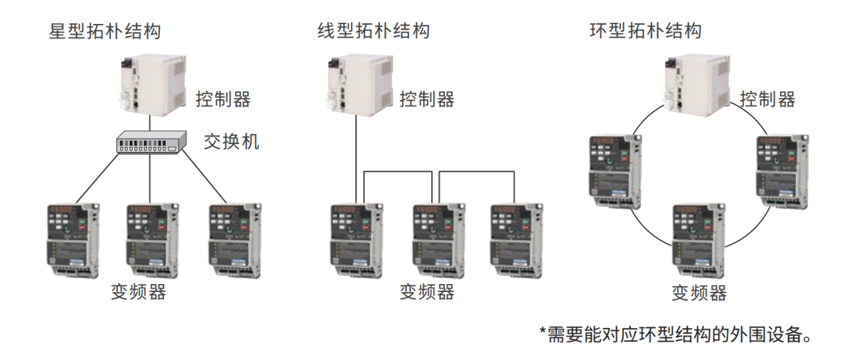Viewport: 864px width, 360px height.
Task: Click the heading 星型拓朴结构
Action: tap(106, 31)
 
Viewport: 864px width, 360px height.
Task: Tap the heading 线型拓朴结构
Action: tap(374, 31)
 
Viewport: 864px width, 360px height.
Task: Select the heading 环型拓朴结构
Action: tap(646, 31)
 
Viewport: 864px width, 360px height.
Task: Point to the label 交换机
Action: tap(231, 142)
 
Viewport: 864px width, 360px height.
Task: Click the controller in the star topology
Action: tap(153, 85)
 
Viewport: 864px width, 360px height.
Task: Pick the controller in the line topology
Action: tap(358, 85)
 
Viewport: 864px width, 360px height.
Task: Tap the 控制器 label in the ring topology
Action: tap(767, 100)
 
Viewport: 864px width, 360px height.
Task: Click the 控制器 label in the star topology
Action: tap(223, 100)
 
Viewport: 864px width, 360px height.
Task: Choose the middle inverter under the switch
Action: tap(153, 241)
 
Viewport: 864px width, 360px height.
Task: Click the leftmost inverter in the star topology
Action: tap(72, 241)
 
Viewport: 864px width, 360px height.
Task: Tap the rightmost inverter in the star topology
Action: tap(235, 241)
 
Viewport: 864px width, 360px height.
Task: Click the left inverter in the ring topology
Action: tap(615, 171)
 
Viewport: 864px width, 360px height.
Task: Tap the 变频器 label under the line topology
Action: tap(427, 292)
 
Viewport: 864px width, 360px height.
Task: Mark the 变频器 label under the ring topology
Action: tap(698, 293)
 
